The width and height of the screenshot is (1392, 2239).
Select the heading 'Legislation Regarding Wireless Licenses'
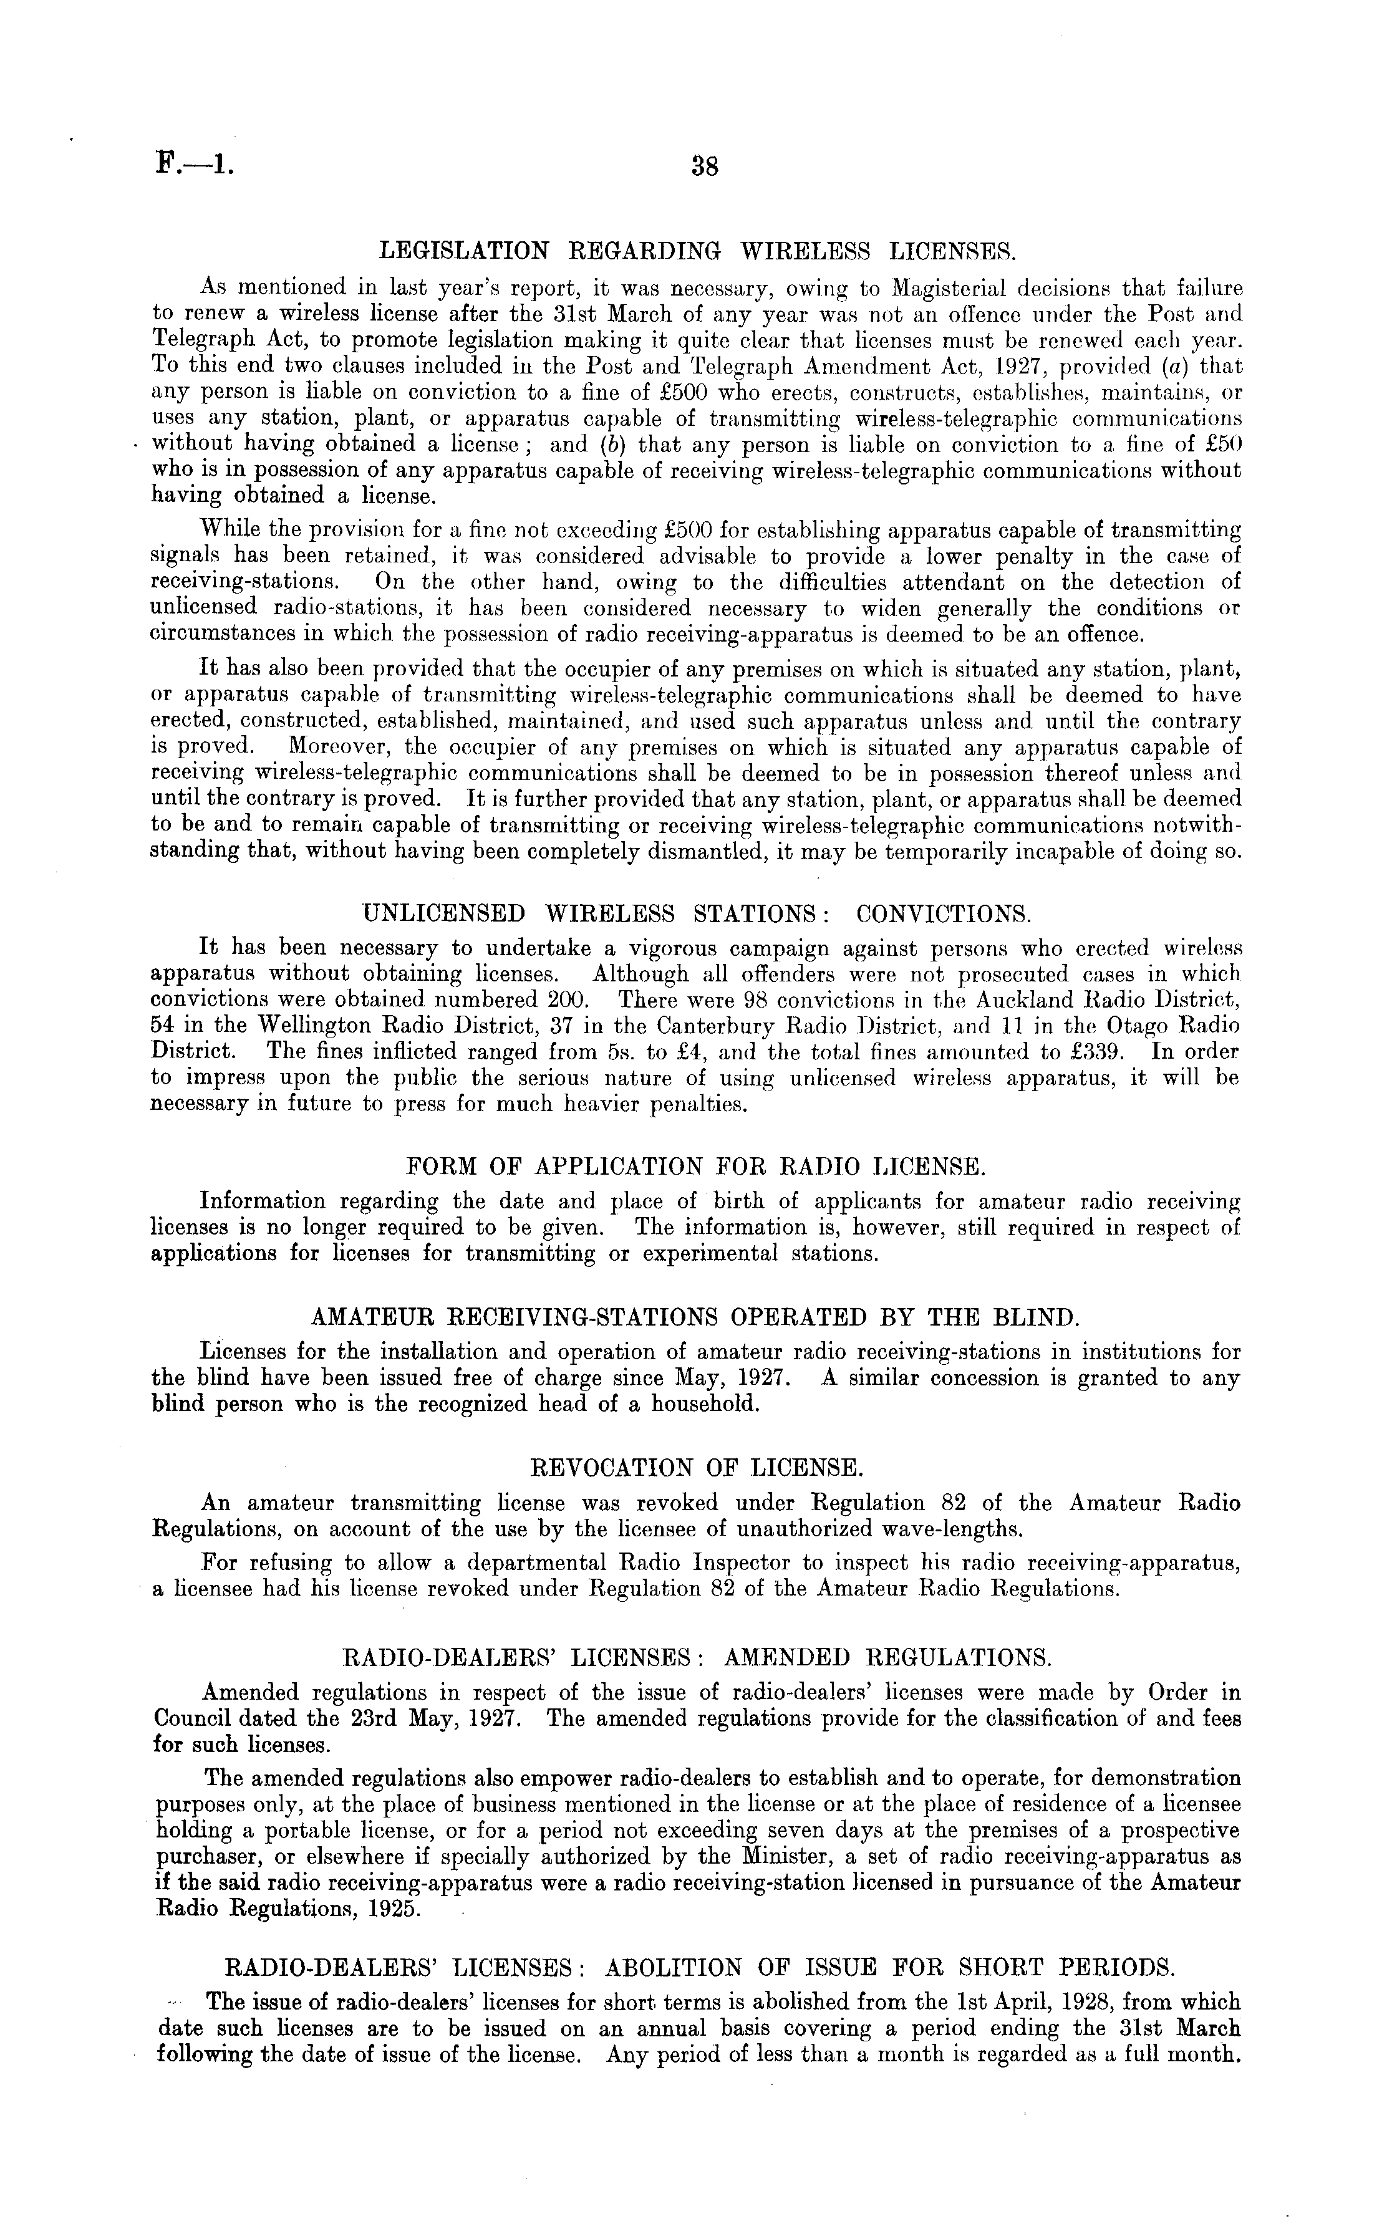pyautogui.click(x=697, y=249)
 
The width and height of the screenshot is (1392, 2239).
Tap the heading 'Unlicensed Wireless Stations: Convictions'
pyautogui.click(x=697, y=914)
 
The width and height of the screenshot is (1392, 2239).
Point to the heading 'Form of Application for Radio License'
pyautogui.click(x=696, y=1167)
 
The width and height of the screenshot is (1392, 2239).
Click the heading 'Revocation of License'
pyautogui.click(x=697, y=1469)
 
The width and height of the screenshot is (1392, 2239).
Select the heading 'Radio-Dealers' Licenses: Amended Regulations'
pyautogui.click(x=697, y=1657)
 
